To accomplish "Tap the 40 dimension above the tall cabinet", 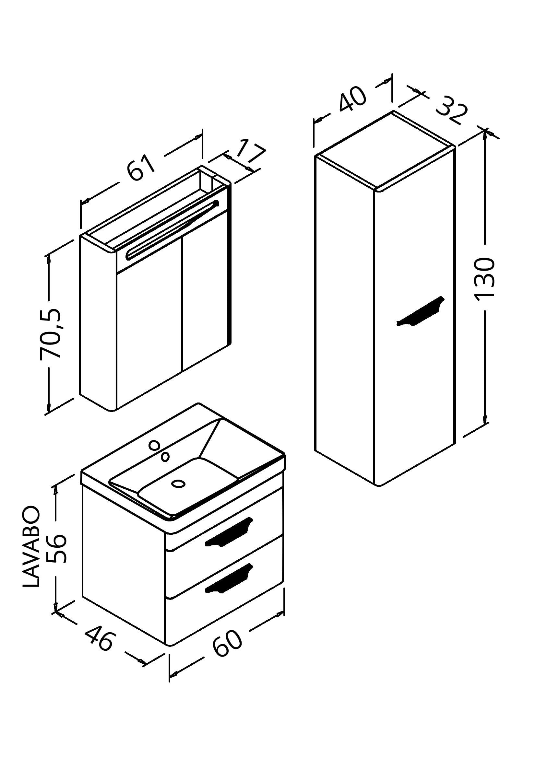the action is coord(352,99).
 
